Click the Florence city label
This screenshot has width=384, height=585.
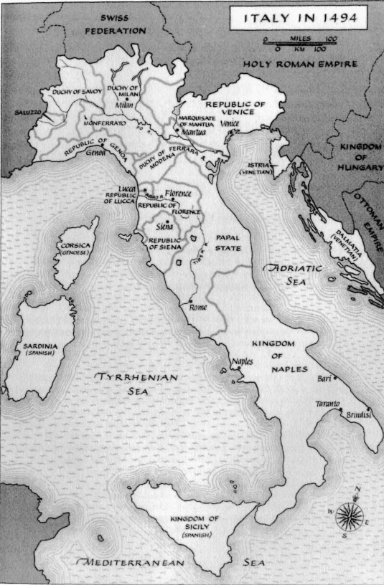pos(178,194)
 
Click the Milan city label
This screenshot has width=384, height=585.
pos(125,105)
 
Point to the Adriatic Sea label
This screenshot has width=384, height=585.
pos(293,275)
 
